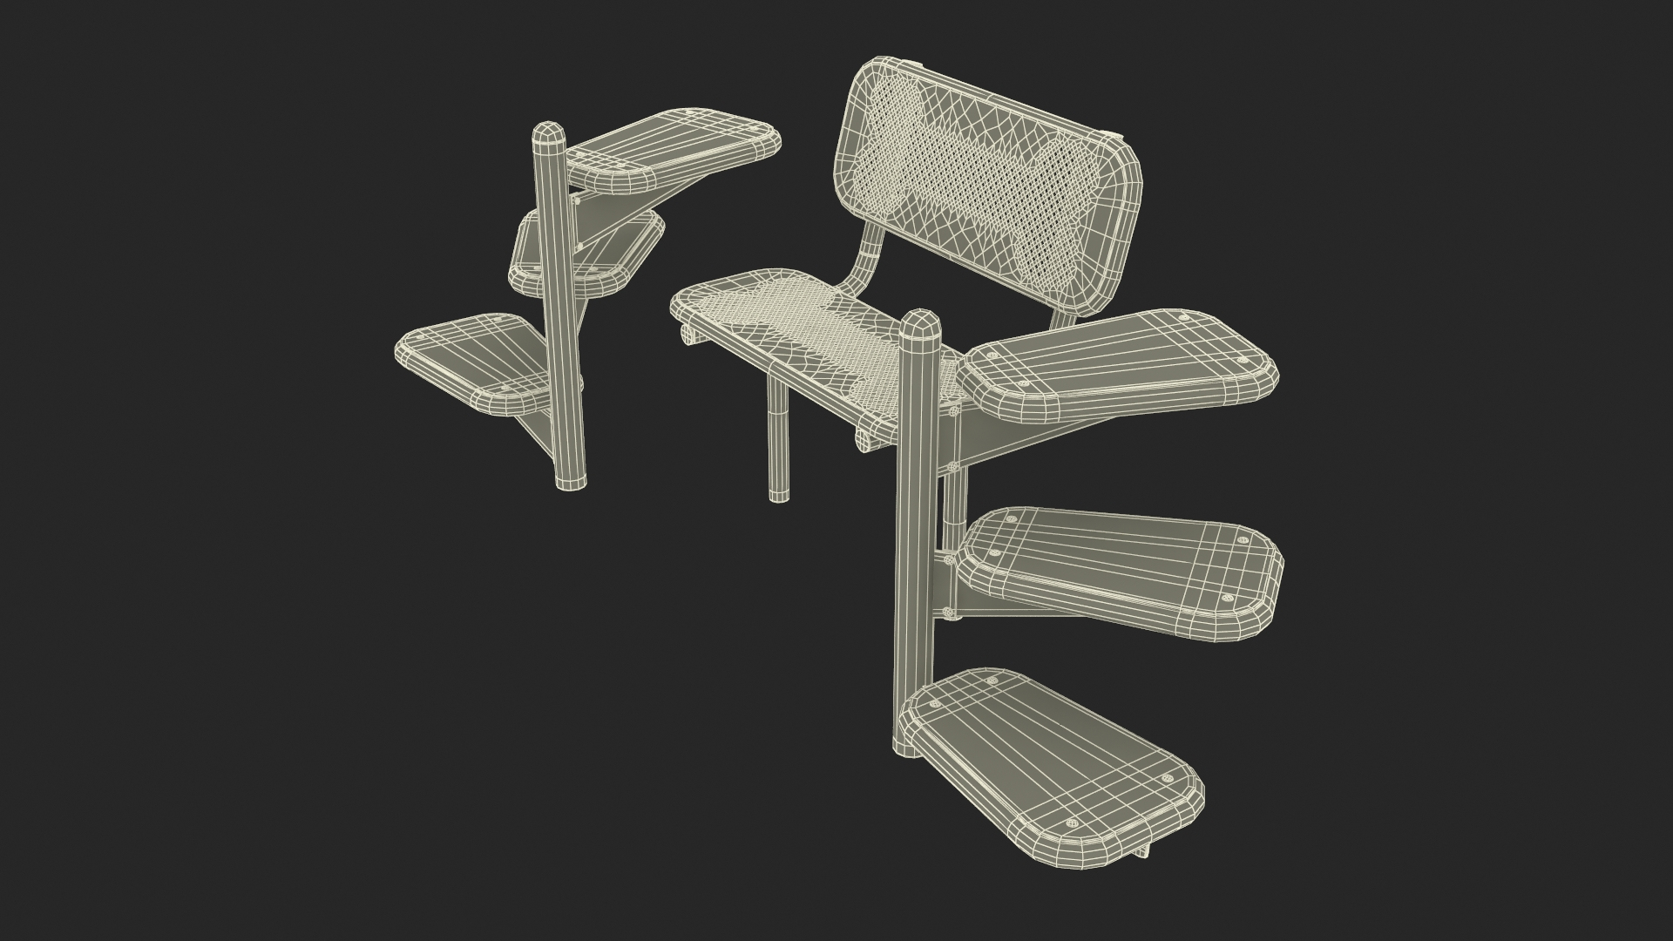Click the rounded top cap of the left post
click(x=549, y=138)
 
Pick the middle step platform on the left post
click(x=586, y=253)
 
